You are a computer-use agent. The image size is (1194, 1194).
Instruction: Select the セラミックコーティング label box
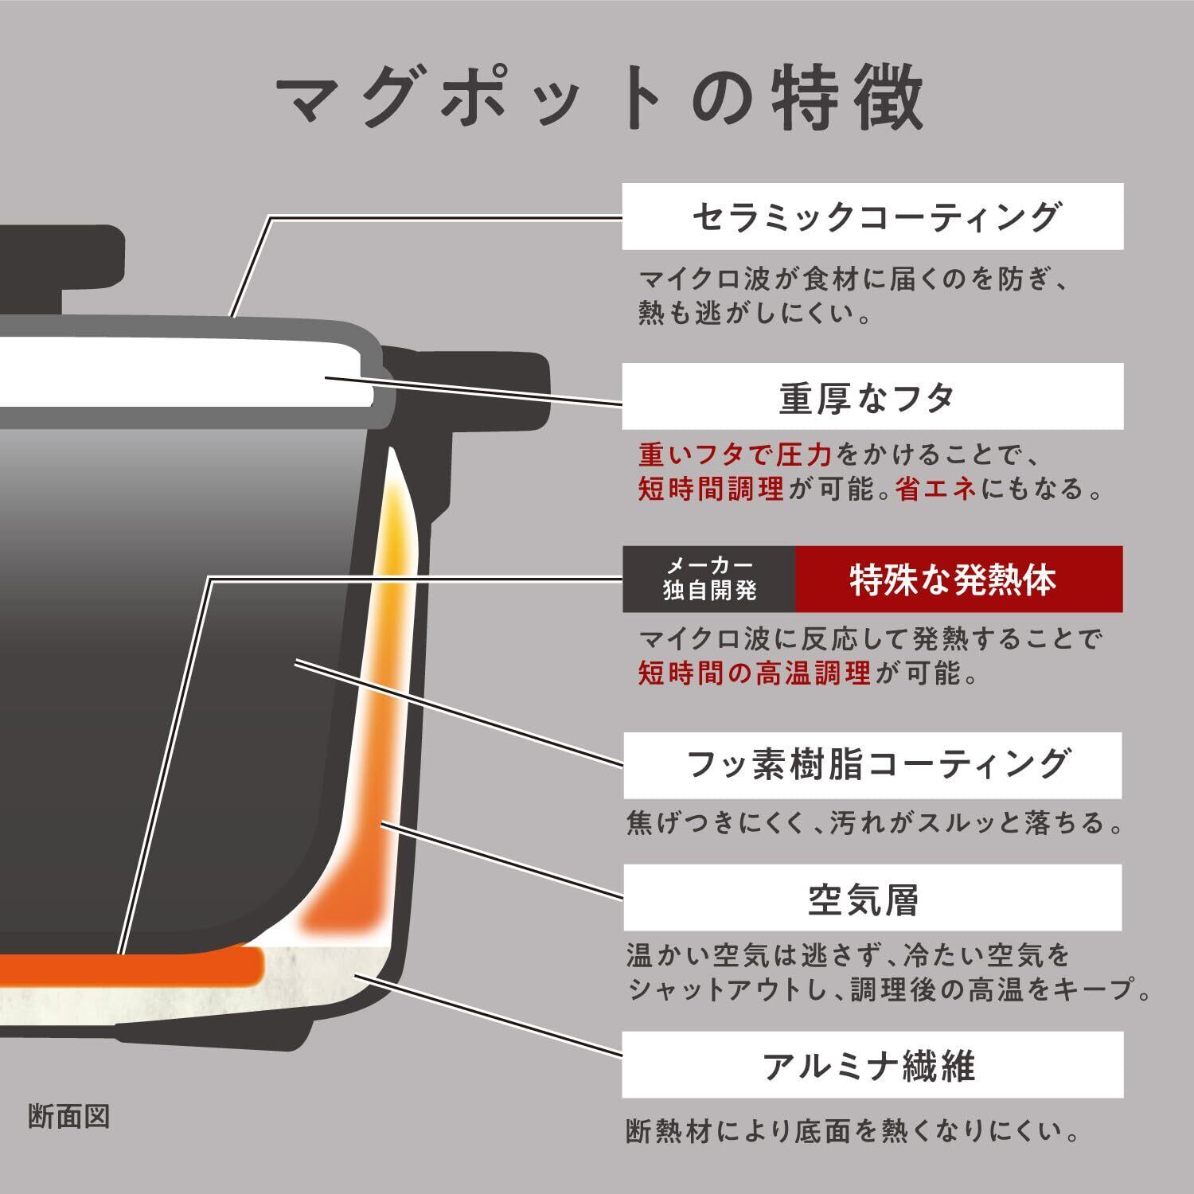(x=872, y=217)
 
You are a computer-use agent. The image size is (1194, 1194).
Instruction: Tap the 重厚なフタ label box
(x=872, y=396)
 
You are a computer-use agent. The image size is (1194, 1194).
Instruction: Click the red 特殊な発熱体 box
(x=958, y=579)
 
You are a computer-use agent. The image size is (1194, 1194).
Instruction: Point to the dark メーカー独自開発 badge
(x=708, y=579)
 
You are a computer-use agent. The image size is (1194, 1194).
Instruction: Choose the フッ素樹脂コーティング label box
(x=872, y=765)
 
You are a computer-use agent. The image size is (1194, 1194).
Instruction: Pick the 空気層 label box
(x=872, y=898)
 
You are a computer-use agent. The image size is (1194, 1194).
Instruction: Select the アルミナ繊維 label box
(x=872, y=1065)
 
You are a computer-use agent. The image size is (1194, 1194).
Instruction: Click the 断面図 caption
(x=68, y=1116)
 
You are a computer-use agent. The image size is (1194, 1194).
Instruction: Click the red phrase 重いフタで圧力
(x=735, y=455)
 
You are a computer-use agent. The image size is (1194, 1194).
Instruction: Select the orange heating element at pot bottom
(x=131, y=968)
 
